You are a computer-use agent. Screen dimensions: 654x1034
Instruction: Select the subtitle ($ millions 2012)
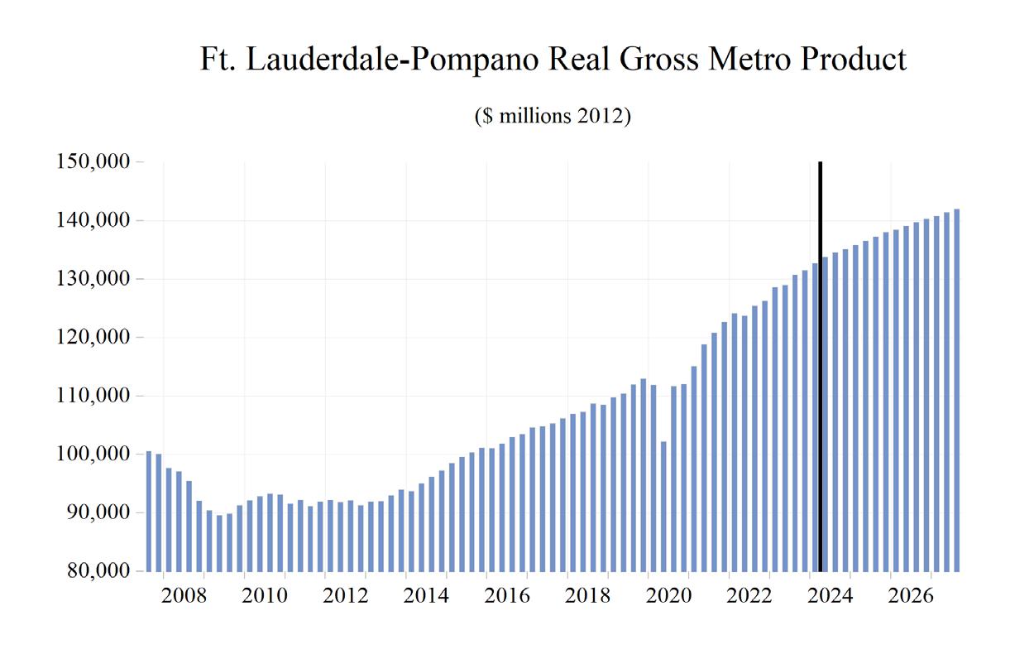click(x=553, y=116)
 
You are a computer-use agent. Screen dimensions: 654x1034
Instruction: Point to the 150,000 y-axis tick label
click(x=93, y=162)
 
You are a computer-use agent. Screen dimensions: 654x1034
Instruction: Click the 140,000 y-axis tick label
click(x=93, y=221)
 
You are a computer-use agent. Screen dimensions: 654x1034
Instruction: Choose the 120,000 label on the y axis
click(x=93, y=338)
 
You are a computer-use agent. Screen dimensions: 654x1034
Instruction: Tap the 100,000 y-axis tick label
click(x=93, y=454)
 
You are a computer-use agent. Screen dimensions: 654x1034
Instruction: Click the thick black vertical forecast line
click(x=820, y=364)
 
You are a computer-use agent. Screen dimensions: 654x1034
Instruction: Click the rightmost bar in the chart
click(x=956, y=390)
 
